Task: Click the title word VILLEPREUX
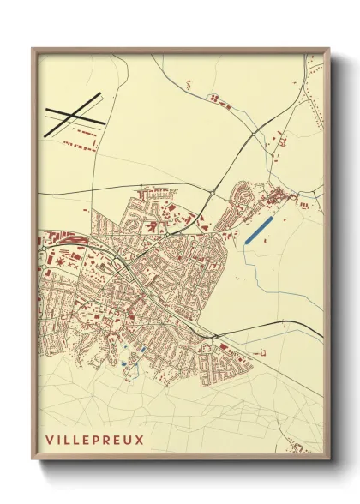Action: [x=95, y=440]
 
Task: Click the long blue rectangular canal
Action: [x=258, y=230]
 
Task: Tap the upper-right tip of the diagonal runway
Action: [x=101, y=93]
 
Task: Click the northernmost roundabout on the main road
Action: [x=254, y=135]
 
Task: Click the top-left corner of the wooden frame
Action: [x=33, y=49]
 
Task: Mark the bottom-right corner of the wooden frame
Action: [x=329, y=459]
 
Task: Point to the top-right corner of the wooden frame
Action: [x=329, y=49]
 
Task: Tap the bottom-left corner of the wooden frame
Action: [x=33, y=459]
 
